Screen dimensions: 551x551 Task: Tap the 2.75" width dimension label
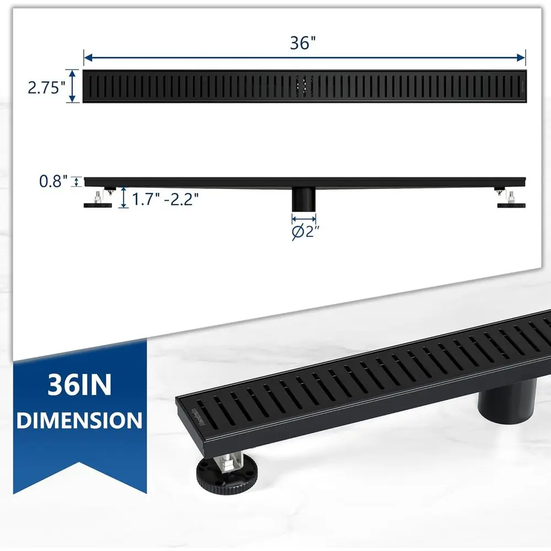(x=47, y=87)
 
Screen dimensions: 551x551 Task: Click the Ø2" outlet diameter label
(x=305, y=231)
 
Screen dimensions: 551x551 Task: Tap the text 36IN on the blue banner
(x=79, y=384)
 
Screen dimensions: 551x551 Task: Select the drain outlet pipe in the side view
(x=302, y=198)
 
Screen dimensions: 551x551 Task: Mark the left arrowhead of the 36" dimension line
(x=87, y=57)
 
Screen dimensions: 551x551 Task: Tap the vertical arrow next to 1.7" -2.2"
(x=123, y=197)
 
